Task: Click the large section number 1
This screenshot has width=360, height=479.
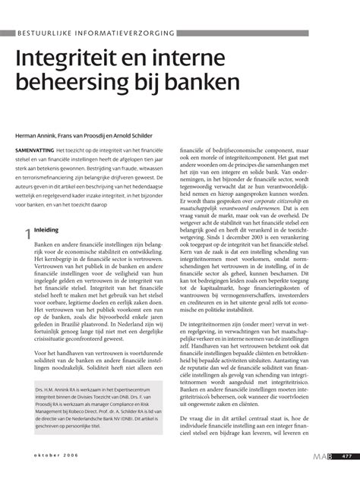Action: point(26,216)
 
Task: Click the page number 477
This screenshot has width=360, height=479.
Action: point(346,455)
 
